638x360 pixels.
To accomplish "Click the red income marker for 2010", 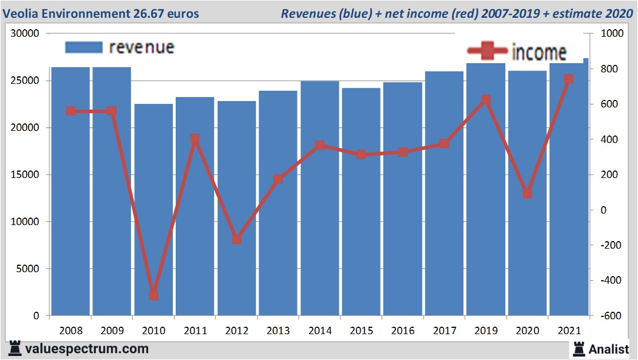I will point(153,295).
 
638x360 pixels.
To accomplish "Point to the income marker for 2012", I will point(237,239).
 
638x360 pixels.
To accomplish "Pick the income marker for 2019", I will point(486,100).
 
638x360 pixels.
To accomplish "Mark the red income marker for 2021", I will point(569,79).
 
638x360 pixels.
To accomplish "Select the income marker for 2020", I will point(527,193).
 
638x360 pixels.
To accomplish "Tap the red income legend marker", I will point(487,52).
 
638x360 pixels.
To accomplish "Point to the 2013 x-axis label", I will point(279,331).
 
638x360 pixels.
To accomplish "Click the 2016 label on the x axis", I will point(403,331).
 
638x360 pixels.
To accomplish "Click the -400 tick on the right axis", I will point(610,280).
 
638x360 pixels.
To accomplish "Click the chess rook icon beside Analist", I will point(578,349).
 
